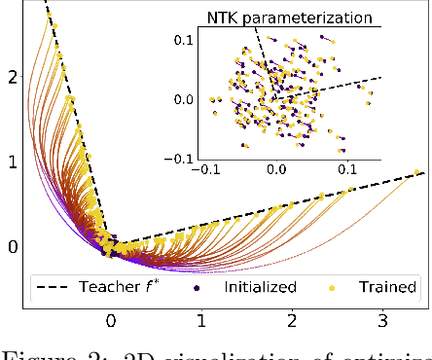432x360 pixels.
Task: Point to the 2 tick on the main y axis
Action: pyautogui.click(x=12, y=76)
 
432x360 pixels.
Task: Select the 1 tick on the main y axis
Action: pyautogui.click(x=12, y=162)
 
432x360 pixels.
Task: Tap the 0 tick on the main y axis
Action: pyautogui.click(x=12, y=247)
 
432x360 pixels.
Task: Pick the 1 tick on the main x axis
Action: pyautogui.click(x=201, y=320)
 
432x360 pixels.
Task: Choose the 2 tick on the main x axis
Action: pyautogui.click(x=292, y=320)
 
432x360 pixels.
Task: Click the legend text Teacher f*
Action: pyautogui.click(x=128, y=287)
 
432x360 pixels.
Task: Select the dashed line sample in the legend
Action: pyautogui.click(x=56, y=287)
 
